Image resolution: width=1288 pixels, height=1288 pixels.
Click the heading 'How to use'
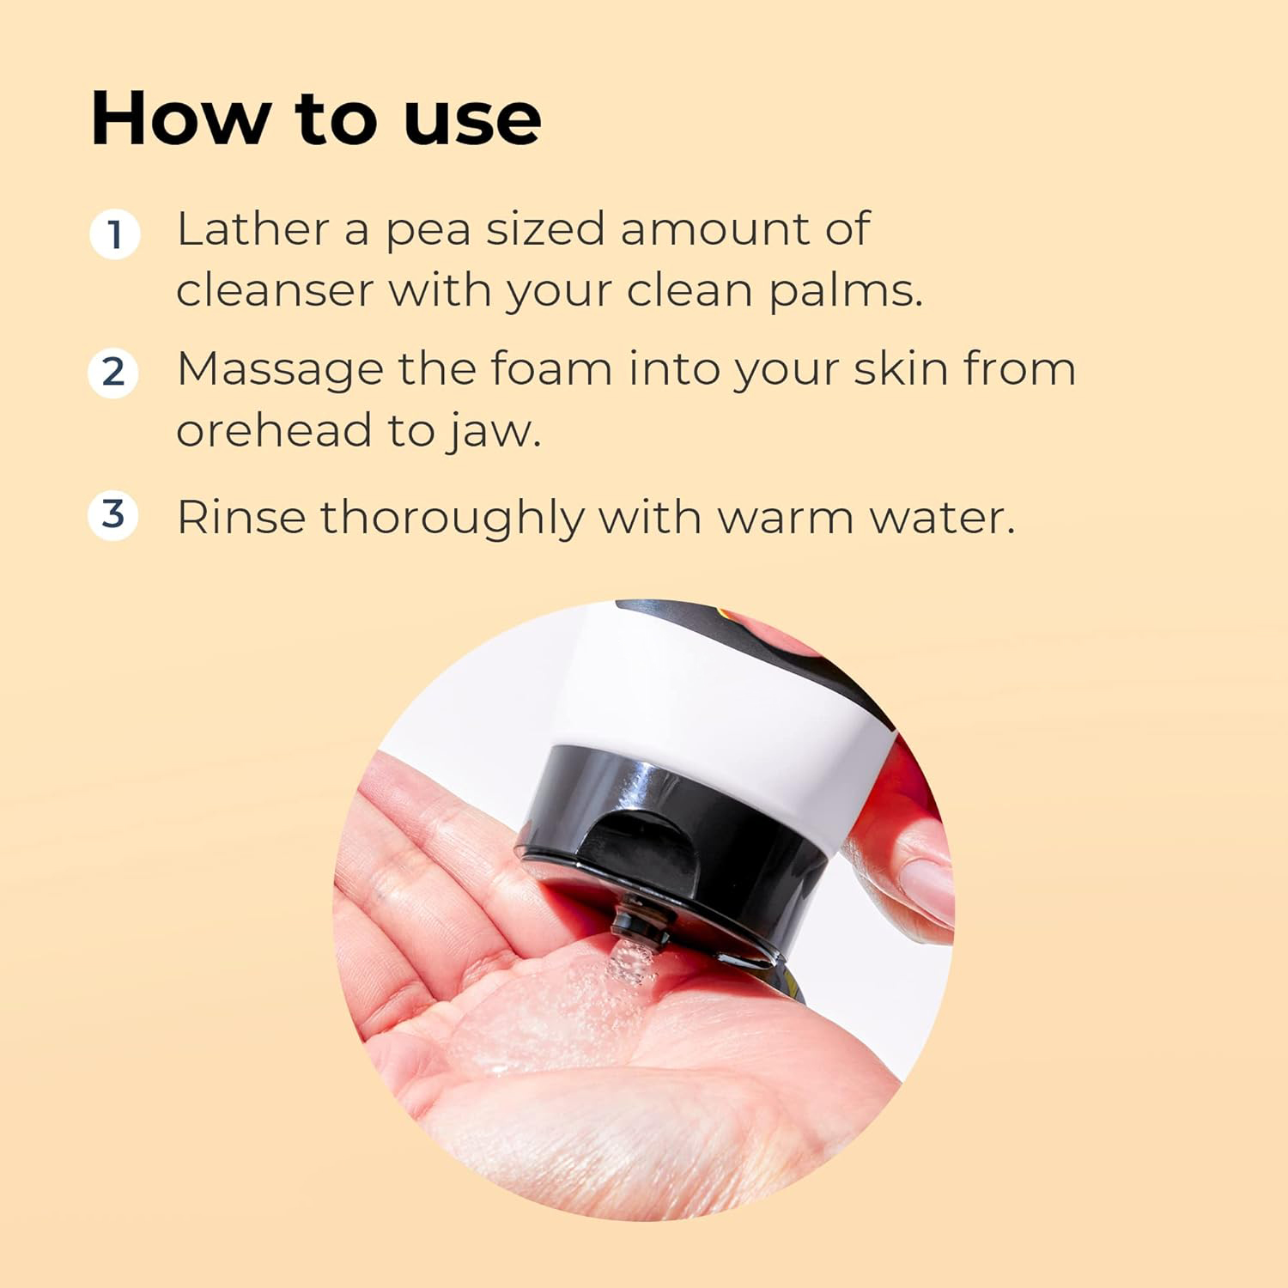(x=316, y=118)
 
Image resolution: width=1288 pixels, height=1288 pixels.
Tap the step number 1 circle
(x=114, y=234)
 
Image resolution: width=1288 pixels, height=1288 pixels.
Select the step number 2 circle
(x=113, y=373)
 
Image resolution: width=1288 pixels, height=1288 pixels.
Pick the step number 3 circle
(x=113, y=515)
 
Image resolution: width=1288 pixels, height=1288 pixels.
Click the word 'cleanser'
(x=275, y=290)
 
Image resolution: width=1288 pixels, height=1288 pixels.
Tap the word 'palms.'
(x=845, y=292)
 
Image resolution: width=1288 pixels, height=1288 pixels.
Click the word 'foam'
(x=551, y=369)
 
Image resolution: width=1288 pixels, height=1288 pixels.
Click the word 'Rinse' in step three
(x=240, y=518)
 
